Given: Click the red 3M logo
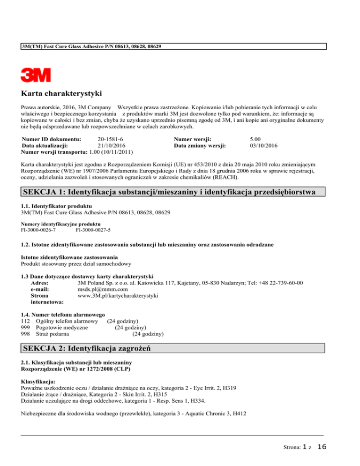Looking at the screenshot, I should tap(36, 75).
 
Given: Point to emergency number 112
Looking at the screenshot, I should tap(26, 321).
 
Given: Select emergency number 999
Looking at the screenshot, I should tap(26, 328).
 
